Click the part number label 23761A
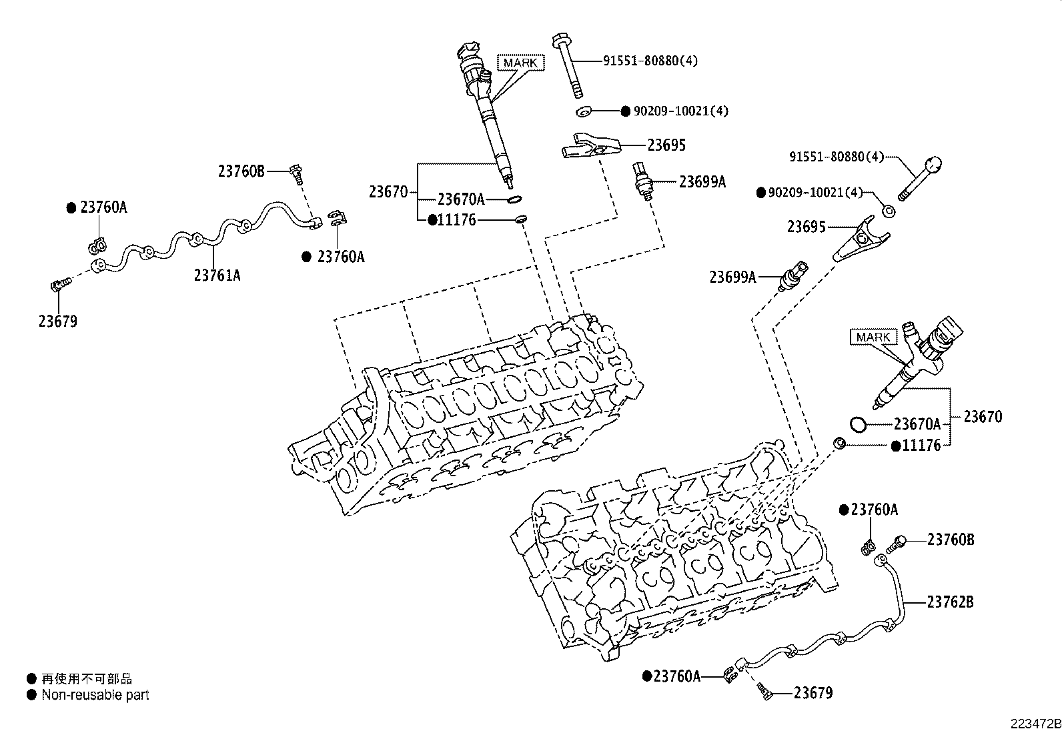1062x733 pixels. click(x=217, y=274)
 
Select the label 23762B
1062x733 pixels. click(x=950, y=602)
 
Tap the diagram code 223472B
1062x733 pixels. click(x=1035, y=724)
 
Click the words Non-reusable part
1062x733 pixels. click(x=95, y=695)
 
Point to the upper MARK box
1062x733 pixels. click(x=521, y=63)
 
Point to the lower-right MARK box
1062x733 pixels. click(x=873, y=337)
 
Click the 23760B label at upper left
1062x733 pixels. click(x=241, y=171)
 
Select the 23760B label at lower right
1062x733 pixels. click(x=950, y=540)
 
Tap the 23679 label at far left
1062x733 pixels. click(x=57, y=321)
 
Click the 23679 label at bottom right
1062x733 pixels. click(x=813, y=693)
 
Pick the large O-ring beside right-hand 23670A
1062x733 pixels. click(x=859, y=424)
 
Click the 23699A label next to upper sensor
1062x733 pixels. click(x=702, y=181)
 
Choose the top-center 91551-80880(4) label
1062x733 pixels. click(x=650, y=61)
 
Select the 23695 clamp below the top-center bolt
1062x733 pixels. click(x=590, y=145)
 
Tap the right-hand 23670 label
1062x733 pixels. click(x=982, y=417)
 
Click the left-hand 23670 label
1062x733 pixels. click(x=388, y=192)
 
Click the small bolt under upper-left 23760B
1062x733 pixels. click(x=296, y=174)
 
